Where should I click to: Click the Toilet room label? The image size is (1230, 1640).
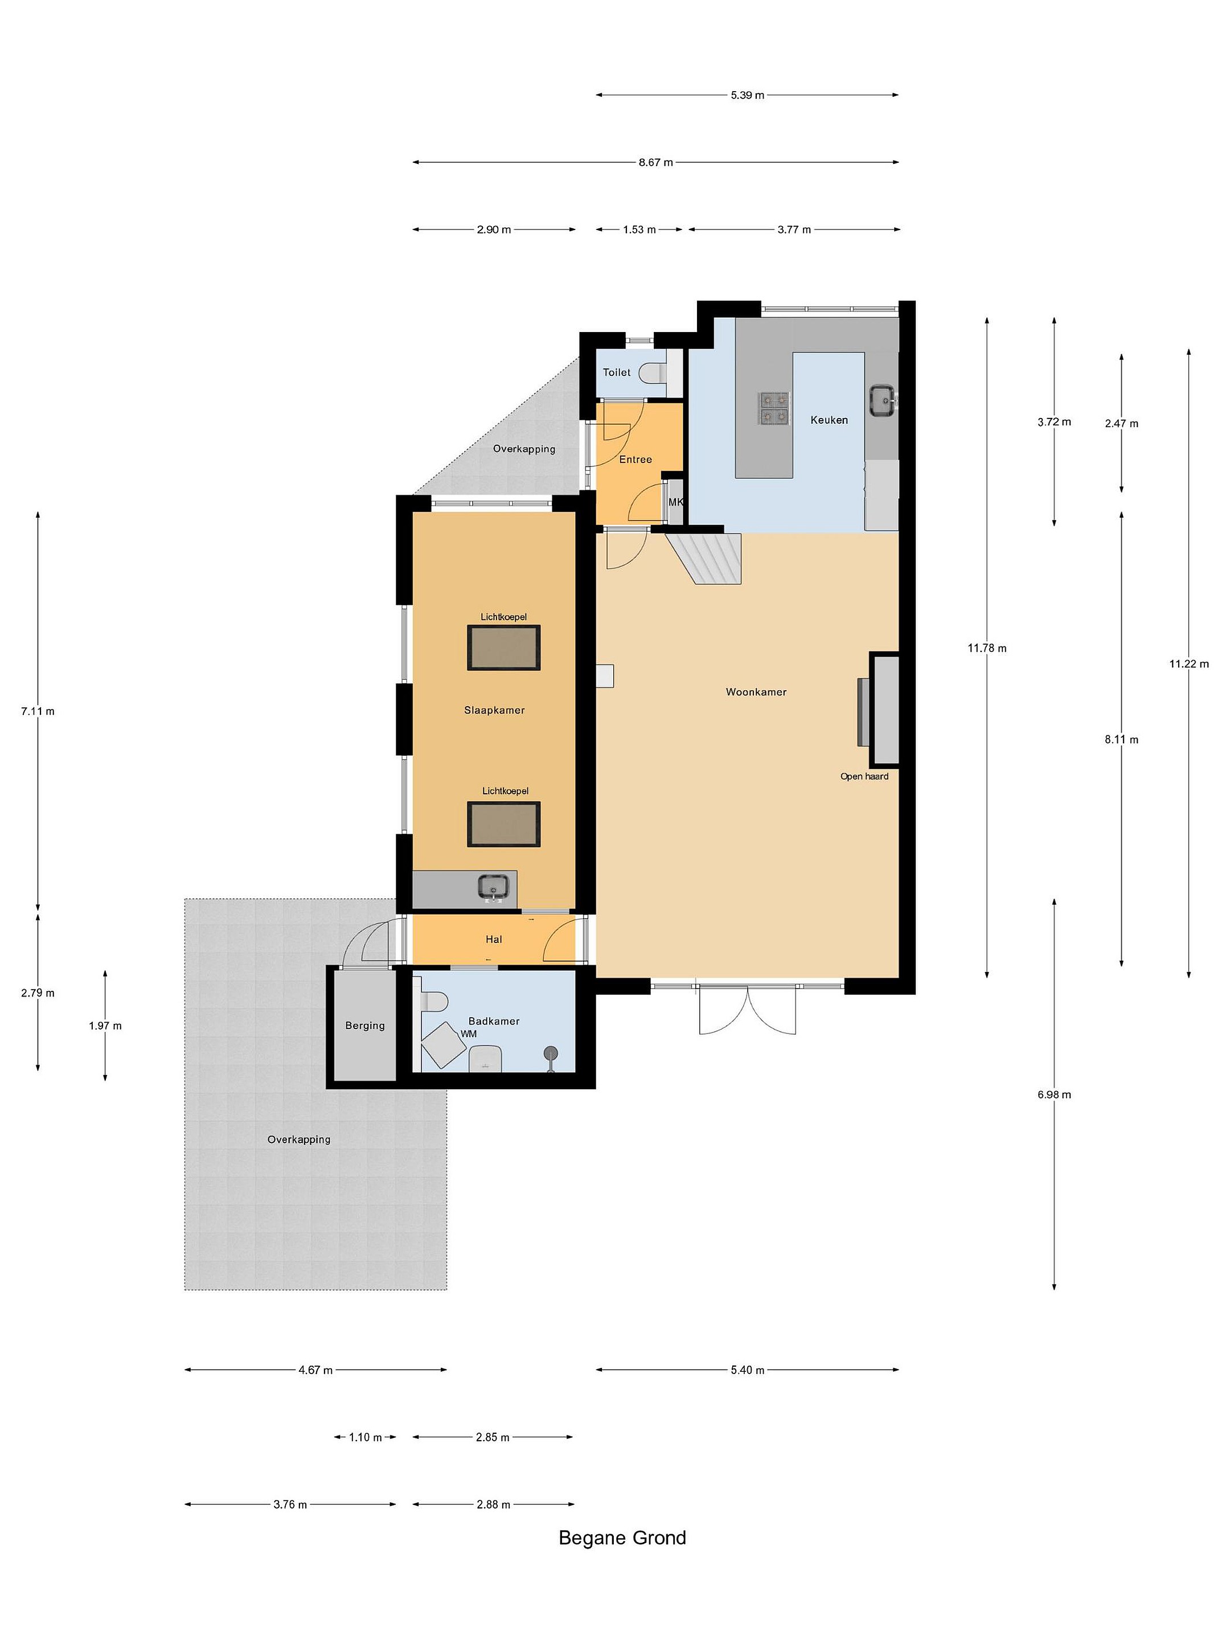(x=616, y=372)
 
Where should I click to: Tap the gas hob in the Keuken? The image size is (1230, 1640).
(x=773, y=408)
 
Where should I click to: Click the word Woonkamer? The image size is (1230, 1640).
(x=756, y=692)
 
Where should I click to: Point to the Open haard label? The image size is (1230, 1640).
(x=864, y=776)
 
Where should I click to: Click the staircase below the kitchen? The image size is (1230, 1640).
(x=705, y=557)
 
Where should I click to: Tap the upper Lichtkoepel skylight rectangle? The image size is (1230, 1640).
(x=503, y=647)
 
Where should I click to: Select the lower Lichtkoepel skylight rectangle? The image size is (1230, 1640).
(x=503, y=824)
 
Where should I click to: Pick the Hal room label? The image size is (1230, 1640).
(x=494, y=940)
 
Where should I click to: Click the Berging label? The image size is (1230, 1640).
(x=365, y=1026)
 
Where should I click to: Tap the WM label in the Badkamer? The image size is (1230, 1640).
(x=469, y=1034)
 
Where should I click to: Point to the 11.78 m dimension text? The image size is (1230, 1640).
(x=987, y=648)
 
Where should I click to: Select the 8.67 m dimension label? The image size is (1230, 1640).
(x=656, y=162)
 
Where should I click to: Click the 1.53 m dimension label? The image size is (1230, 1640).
(x=639, y=230)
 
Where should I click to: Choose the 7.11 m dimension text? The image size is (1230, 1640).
(x=38, y=711)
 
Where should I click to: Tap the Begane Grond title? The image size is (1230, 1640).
(x=622, y=1537)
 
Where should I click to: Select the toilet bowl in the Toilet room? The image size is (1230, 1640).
(x=653, y=372)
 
